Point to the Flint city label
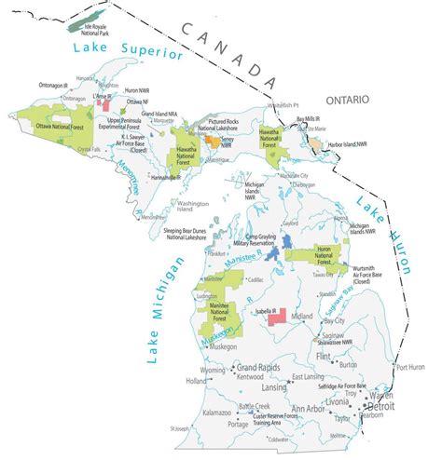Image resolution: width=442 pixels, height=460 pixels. pyautogui.click(x=351, y=357)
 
